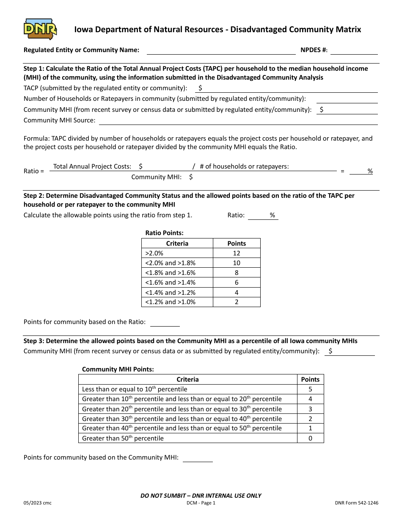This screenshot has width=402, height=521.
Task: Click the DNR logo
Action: coord(40,29)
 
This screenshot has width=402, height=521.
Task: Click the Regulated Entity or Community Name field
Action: coord(220,50)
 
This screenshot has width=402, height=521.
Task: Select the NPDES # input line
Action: coord(354,50)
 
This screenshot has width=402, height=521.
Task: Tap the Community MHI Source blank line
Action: coord(238,121)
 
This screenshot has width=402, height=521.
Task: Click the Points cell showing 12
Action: coord(237,253)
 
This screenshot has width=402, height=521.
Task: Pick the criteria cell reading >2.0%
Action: coord(177,253)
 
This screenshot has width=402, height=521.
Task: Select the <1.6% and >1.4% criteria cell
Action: coord(177,283)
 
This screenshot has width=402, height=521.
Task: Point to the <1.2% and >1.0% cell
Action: coord(177,302)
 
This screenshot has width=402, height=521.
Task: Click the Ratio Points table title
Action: coord(164,233)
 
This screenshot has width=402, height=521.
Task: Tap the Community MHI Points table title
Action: coord(118,369)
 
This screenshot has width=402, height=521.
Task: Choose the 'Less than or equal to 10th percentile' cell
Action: coord(187,389)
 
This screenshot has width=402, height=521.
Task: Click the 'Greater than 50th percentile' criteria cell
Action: coord(187,438)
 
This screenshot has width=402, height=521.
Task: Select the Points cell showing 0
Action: coord(310,438)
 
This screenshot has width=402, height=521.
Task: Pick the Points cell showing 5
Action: coord(310,389)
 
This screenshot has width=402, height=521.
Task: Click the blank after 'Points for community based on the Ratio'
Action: coord(165,323)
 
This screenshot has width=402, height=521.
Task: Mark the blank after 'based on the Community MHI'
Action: coord(198,458)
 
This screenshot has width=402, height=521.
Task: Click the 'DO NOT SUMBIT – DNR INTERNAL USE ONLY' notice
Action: coord(201,496)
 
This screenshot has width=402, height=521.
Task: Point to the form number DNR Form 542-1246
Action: coord(356,503)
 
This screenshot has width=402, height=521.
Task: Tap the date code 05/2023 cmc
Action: coord(38,503)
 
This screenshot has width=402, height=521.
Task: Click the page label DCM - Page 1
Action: coord(201,503)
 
